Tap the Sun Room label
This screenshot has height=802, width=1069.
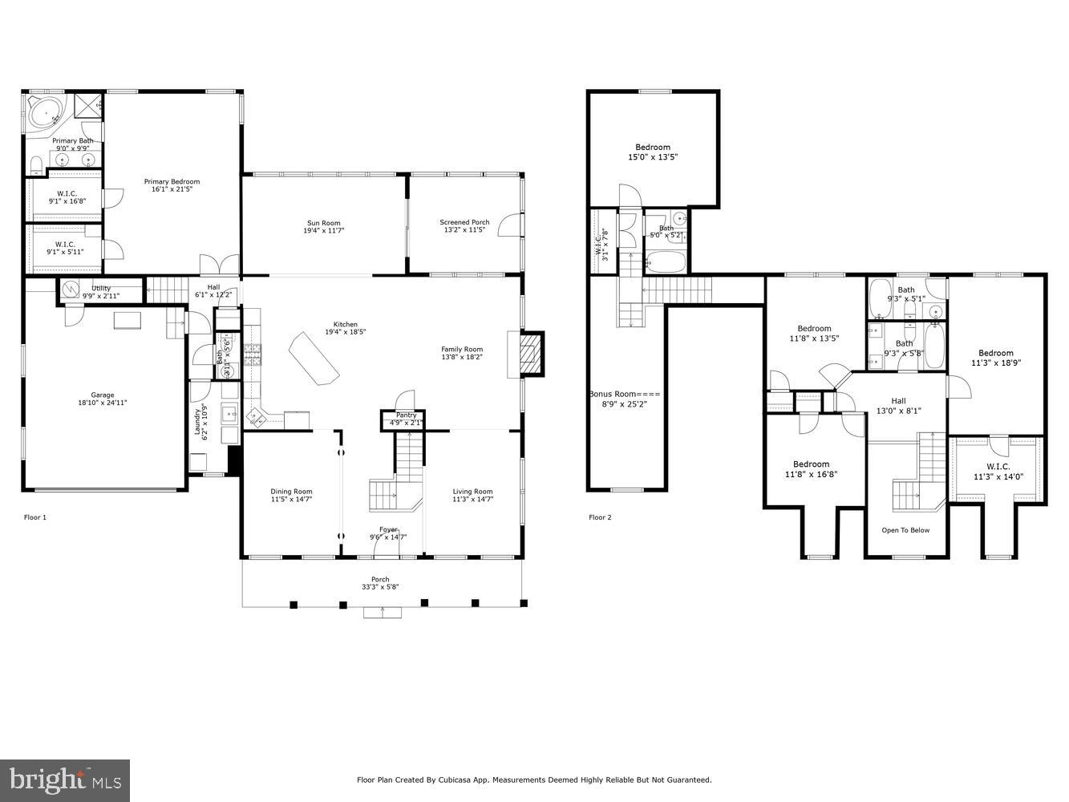point(323,223)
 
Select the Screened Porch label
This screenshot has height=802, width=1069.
point(464,222)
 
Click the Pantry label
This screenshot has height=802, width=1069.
point(407,415)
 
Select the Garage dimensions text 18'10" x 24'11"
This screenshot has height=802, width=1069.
point(103,403)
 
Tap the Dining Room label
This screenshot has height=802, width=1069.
point(291,492)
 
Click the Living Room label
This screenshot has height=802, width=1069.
point(472,492)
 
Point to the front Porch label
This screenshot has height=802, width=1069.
point(380,579)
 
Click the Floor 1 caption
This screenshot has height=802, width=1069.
point(35,517)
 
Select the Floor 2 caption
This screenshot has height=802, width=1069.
point(600,517)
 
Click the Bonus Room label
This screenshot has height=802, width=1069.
point(624,394)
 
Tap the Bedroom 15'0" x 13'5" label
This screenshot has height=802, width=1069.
point(653,147)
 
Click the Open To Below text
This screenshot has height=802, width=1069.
point(905,530)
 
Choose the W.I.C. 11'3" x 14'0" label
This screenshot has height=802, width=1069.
point(998,466)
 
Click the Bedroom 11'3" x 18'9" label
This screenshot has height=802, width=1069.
point(995,353)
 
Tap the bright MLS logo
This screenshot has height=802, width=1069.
point(66,779)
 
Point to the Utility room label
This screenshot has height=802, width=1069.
point(101,288)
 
